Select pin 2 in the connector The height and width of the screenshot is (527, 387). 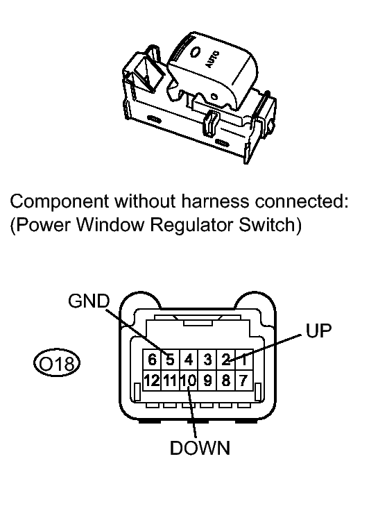(225, 360)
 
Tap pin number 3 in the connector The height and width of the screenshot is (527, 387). (207, 360)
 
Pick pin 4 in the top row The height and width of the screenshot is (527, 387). (188, 360)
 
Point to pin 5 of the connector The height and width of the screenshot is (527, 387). (169, 360)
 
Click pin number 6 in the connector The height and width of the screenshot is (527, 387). (151, 360)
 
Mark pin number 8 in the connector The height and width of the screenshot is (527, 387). (225, 380)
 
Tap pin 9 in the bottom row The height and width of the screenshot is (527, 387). (207, 380)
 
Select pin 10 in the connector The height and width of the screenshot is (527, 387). (188, 380)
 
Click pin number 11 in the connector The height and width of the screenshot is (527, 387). (169, 380)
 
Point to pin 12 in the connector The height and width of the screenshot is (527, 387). (151, 380)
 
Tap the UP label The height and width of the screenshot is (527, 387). (318, 331)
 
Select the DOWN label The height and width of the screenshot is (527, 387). (200, 448)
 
